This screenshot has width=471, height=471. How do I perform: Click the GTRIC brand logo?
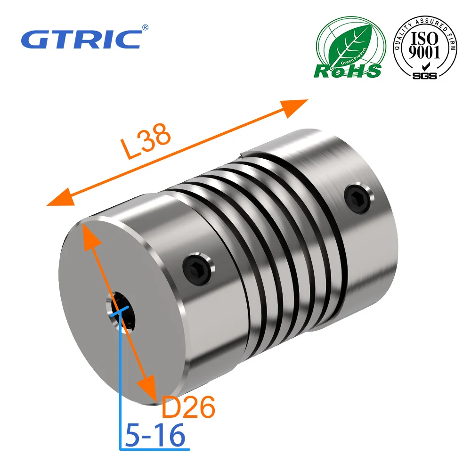tap(81, 39)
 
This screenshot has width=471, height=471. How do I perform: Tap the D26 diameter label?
tap(188, 407)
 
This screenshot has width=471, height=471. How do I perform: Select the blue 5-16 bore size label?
tap(155, 435)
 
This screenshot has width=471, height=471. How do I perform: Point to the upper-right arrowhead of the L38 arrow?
tap(297, 106)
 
